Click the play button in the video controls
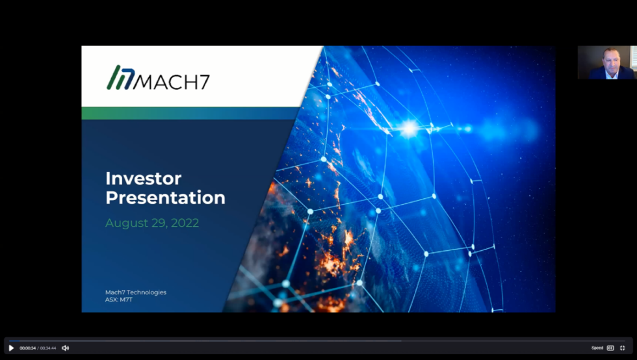coord(11,348)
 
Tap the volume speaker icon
coord(65,348)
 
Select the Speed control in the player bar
coord(597,348)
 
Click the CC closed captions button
coord(610,348)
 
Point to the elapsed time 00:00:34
coord(27,348)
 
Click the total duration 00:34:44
coord(47,348)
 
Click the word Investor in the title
coord(143,179)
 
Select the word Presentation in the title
coord(165,198)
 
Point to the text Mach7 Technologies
coord(135,292)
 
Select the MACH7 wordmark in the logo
coord(172,80)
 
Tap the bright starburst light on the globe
coord(408,129)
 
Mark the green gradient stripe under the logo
coord(195,113)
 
